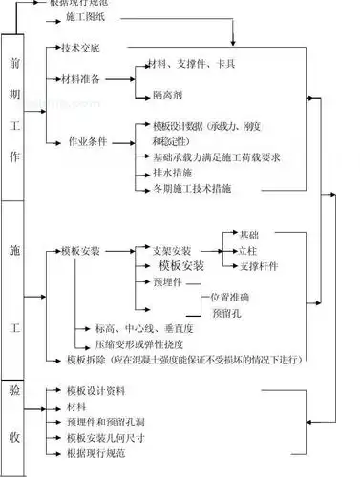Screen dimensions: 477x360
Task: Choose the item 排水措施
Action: [x=173, y=172]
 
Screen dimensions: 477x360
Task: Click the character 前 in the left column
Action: [x=13, y=65]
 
